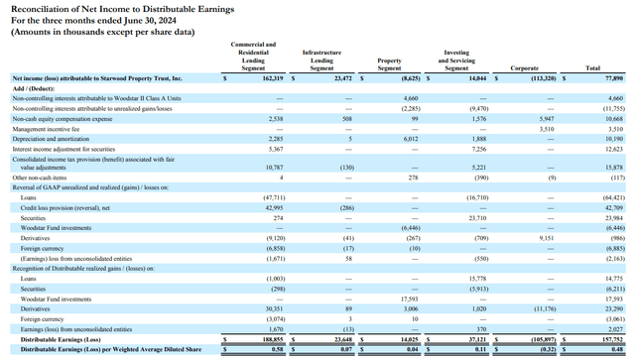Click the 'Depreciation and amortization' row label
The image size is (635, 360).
click(x=54, y=140)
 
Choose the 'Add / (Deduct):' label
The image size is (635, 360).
click(x=35, y=88)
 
